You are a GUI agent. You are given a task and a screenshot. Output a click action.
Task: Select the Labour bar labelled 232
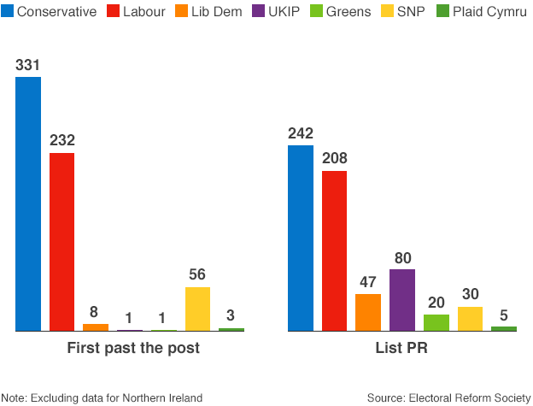(61, 242)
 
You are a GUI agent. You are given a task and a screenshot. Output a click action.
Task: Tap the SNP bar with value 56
(197, 309)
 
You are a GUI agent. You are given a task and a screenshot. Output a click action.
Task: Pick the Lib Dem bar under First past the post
(96, 327)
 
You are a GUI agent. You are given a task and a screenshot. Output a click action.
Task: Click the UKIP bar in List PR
(402, 300)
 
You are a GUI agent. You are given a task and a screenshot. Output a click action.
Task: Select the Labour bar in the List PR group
(334, 250)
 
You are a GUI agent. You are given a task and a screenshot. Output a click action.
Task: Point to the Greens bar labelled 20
(436, 322)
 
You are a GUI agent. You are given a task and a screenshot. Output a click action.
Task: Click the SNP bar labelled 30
(470, 319)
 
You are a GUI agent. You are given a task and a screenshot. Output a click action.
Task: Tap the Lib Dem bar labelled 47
(368, 312)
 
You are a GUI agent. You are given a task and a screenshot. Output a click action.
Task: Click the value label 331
(28, 66)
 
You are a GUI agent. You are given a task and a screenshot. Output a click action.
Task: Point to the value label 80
(402, 257)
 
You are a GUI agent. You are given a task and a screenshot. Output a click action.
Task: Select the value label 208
(334, 159)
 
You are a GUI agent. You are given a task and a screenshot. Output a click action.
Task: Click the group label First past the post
(133, 349)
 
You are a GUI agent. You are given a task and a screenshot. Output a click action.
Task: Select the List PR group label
(401, 349)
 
